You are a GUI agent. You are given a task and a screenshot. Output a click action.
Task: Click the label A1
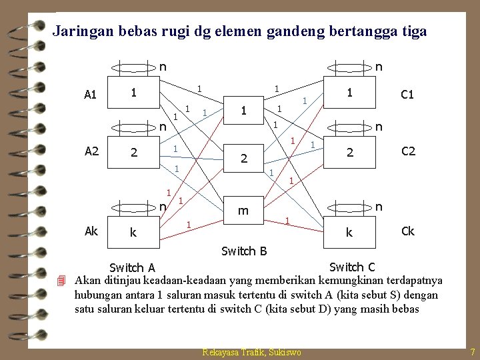[x=91, y=95]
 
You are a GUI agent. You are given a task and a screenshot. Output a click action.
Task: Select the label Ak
[x=91, y=231]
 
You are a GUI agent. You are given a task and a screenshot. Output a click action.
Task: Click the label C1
[x=407, y=95]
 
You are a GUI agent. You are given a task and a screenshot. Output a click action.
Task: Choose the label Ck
[x=407, y=231]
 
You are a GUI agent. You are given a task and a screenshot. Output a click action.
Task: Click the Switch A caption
[x=132, y=268]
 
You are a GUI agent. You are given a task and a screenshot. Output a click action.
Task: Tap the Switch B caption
[x=244, y=251]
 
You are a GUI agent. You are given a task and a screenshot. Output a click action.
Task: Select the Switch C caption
[x=352, y=267]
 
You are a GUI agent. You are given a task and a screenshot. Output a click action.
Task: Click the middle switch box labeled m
[x=244, y=211]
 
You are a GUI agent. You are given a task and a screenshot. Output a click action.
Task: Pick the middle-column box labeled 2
[x=244, y=159]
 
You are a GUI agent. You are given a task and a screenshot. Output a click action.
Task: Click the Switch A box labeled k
[x=133, y=233]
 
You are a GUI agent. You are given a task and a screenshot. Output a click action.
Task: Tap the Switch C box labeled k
[x=347, y=233]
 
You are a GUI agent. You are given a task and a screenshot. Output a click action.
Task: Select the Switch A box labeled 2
[x=134, y=153]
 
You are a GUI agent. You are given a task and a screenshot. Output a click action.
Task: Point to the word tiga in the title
[x=412, y=31]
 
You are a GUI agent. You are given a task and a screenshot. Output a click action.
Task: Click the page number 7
[x=472, y=351]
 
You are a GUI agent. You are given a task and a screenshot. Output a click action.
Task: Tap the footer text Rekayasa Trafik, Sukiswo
[x=252, y=352]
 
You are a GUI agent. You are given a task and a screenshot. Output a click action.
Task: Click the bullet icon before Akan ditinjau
[x=61, y=280]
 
